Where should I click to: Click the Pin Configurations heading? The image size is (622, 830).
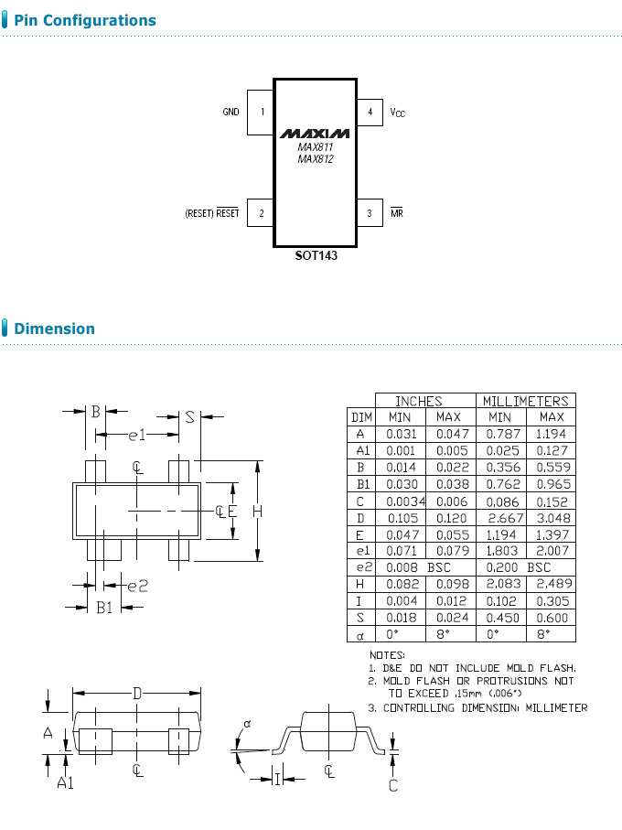[x=85, y=20]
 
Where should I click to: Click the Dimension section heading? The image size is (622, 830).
[x=54, y=329]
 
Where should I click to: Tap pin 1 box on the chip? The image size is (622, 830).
[x=262, y=113]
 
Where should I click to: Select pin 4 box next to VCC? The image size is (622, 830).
[x=370, y=113]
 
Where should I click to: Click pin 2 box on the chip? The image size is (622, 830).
[x=262, y=213]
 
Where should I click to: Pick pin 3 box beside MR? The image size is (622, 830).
[x=370, y=213]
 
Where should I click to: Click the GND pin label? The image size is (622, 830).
[x=231, y=113]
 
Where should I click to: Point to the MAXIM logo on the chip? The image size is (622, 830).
[x=316, y=132]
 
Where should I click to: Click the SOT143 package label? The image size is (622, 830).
[x=316, y=256]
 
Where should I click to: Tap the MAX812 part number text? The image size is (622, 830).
[x=316, y=159]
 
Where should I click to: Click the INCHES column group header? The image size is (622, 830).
[x=418, y=401]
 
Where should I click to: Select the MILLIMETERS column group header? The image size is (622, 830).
[x=525, y=401]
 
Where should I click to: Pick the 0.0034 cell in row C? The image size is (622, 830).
[x=402, y=501]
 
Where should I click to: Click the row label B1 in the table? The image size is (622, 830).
[x=360, y=484]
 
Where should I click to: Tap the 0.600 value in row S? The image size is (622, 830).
[x=551, y=617]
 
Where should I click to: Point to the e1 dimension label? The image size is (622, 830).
[x=136, y=434]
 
